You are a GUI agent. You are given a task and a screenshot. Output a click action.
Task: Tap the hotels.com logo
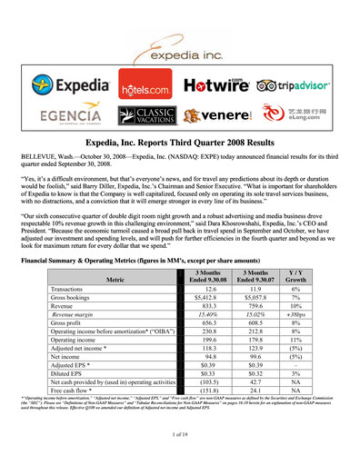coord(144,89)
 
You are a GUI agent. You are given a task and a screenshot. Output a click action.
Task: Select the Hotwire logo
coord(218,87)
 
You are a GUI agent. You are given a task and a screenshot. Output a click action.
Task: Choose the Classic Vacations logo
coord(148,115)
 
